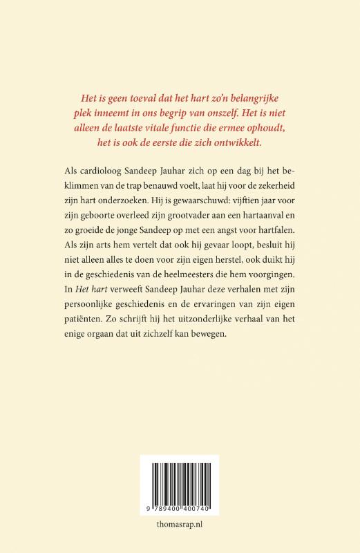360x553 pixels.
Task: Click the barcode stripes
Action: click(x=180, y=482)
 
